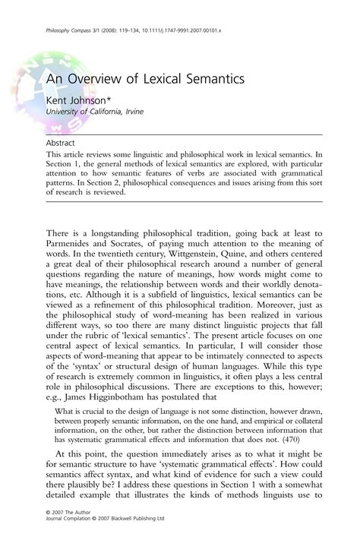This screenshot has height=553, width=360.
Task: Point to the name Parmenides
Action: (x=73, y=247)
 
